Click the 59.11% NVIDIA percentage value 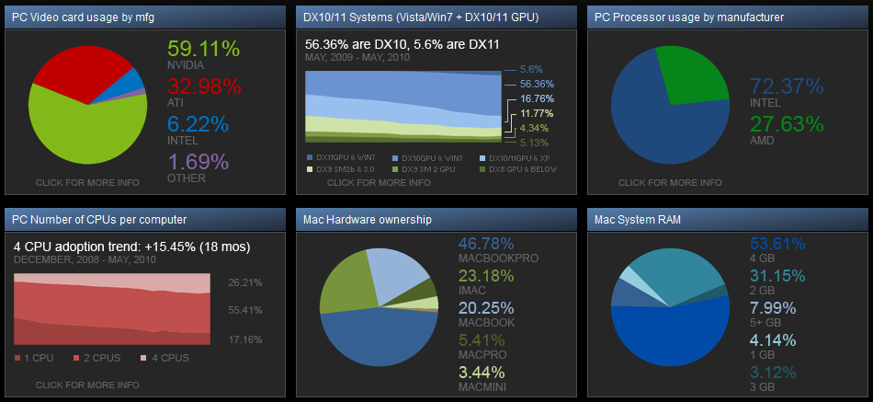click(205, 50)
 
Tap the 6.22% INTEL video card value click(198, 124)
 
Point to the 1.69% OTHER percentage click(198, 162)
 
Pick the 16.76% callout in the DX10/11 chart click(538, 98)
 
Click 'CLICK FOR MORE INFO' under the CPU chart click(88, 385)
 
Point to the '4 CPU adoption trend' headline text click(132, 247)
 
